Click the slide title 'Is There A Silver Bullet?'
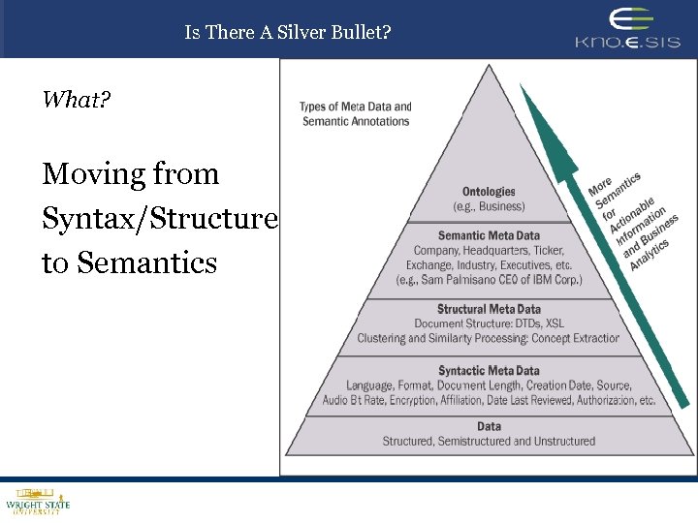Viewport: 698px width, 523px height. (x=288, y=32)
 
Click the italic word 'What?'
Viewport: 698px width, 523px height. (x=77, y=99)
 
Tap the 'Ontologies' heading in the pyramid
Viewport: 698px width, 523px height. (x=489, y=192)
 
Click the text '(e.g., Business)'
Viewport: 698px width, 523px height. (x=489, y=206)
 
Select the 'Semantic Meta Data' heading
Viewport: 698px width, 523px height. (x=489, y=235)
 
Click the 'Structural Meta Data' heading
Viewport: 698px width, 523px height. (x=489, y=310)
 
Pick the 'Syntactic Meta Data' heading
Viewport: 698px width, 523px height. (x=489, y=371)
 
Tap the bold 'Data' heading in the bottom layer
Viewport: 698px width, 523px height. (x=489, y=426)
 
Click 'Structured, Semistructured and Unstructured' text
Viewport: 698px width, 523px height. (x=489, y=442)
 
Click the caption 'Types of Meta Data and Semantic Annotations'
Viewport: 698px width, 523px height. (x=355, y=114)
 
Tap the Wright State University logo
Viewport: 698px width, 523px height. (x=38, y=502)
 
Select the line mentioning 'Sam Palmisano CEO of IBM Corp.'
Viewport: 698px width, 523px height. (x=489, y=280)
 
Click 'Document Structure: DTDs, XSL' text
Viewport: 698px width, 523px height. (x=489, y=323)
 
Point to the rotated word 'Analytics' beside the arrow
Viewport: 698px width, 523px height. (x=650, y=254)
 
